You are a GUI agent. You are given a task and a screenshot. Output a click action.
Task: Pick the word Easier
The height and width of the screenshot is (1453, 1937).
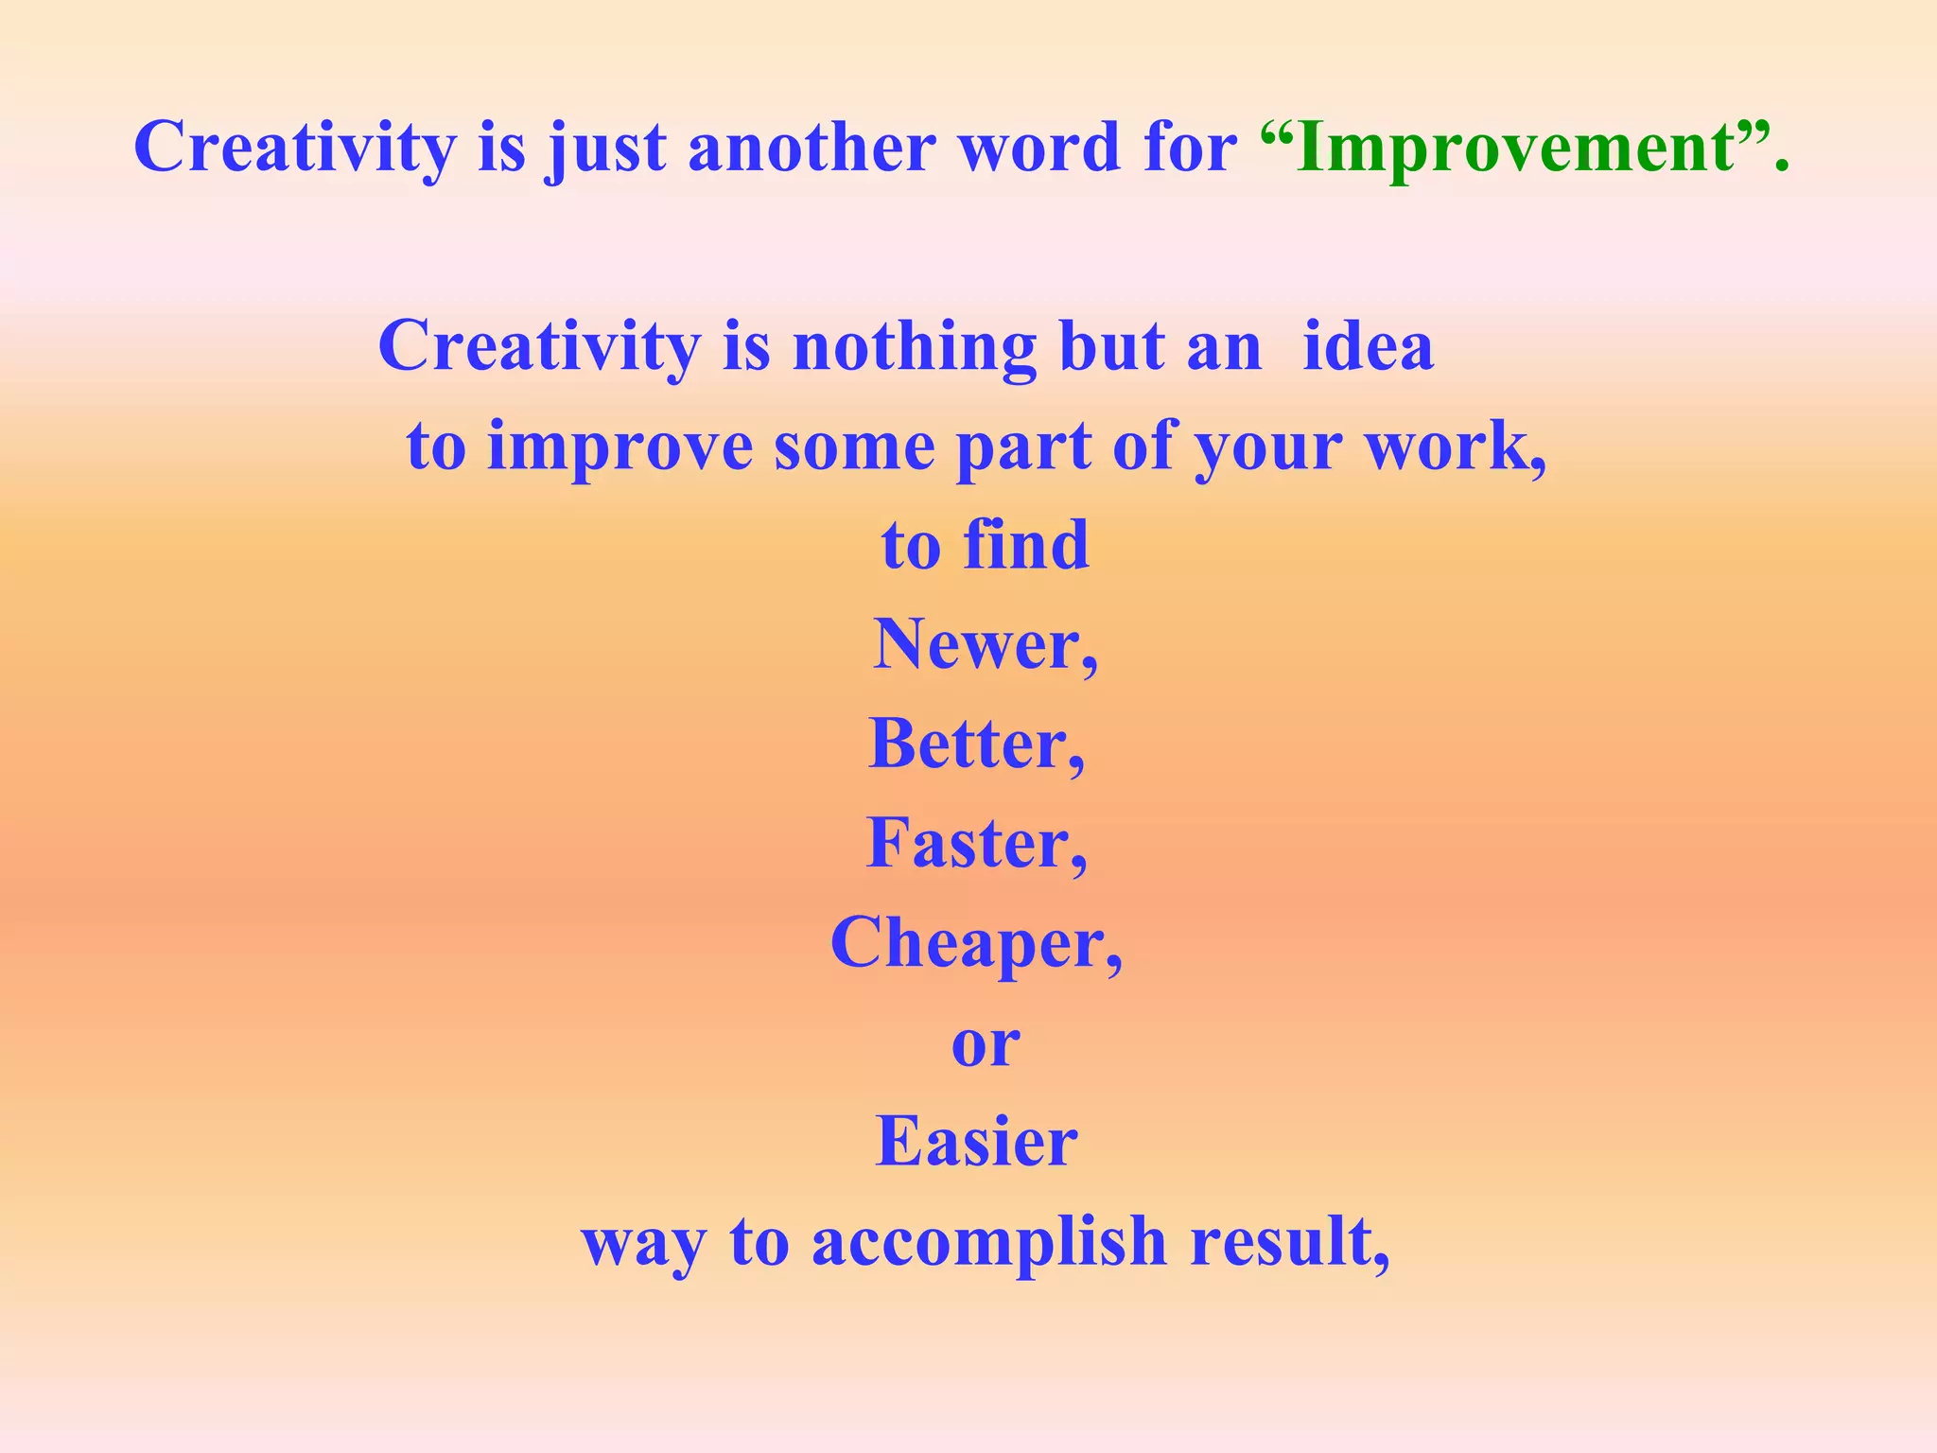tap(976, 1142)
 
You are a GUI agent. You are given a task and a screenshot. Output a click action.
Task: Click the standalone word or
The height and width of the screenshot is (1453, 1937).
tap(986, 1044)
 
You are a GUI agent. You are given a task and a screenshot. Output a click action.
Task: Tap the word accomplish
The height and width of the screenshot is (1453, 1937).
tap(989, 1242)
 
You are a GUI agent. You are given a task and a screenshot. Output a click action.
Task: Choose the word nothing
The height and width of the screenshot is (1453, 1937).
tap(914, 347)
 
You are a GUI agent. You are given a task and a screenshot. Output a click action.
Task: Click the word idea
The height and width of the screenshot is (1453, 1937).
tap(1368, 346)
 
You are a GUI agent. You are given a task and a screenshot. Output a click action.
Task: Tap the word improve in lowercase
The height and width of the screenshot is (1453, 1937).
tap(619, 447)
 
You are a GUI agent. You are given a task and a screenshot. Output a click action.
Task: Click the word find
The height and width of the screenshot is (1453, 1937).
tap(1025, 546)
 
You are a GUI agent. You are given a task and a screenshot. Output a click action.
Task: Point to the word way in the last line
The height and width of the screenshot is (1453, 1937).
tap(644, 1244)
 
